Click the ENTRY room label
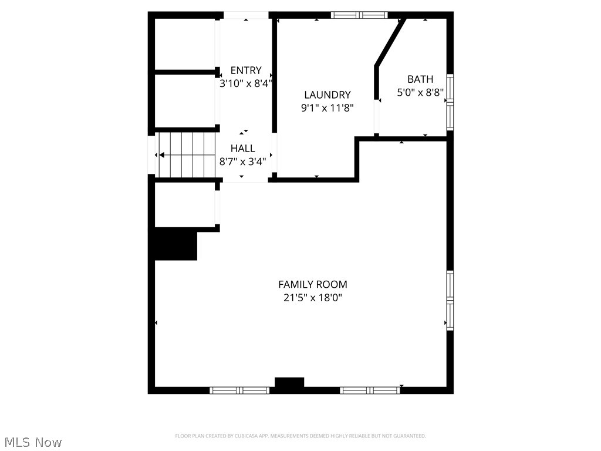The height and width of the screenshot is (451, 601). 246,70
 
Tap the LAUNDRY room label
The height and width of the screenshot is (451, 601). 327,95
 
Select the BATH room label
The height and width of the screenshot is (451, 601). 420,79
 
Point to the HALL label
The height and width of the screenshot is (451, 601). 242,149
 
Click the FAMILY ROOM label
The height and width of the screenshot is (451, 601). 312,284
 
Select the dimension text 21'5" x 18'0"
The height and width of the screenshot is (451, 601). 312,298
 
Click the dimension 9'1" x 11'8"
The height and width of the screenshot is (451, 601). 327,107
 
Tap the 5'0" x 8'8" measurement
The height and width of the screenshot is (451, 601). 420,92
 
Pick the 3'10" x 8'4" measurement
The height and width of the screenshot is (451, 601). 246,83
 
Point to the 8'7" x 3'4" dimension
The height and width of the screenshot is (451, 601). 242,161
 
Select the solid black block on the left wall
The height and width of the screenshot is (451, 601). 175,245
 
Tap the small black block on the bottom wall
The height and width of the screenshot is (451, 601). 289,383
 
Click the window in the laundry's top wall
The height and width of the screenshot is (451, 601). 359,15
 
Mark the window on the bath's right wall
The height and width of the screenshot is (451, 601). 450,102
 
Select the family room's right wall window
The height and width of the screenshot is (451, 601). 450,300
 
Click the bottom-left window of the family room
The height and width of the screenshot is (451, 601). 239,390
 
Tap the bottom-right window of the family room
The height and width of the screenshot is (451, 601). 370,390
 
